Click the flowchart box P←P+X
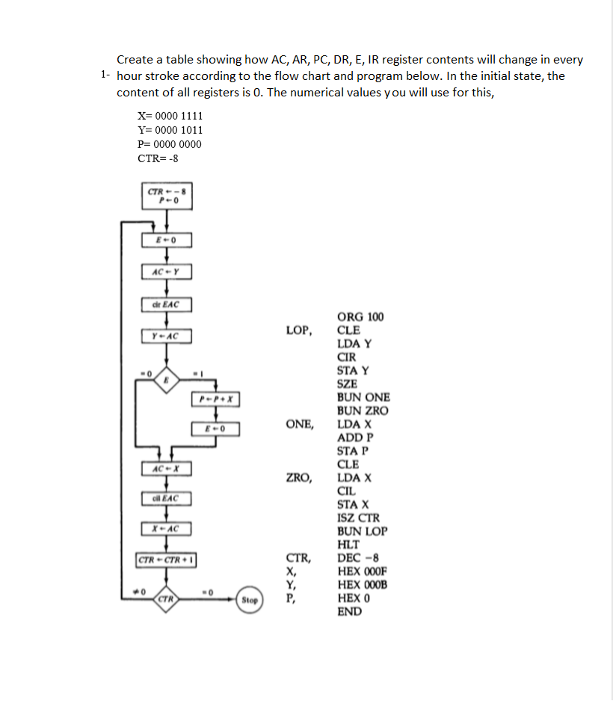point(215,400)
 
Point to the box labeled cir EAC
point(166,304)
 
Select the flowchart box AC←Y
point(166,271)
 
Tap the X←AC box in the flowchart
point(166,529)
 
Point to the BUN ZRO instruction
point(363,411)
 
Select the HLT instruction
point(348,545)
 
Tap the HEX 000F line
point(362,572)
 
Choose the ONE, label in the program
point(300,424)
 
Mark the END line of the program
point(349,612)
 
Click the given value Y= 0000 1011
point(170,130)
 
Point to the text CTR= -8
point(158,158)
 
